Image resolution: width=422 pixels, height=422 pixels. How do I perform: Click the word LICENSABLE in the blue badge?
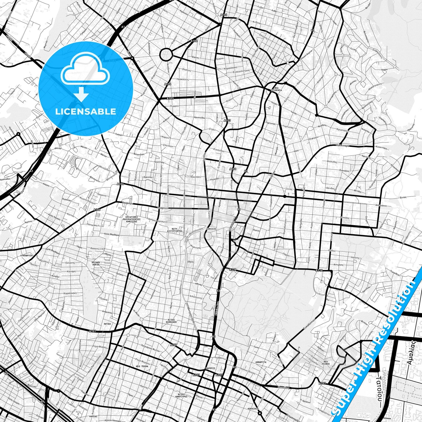86,112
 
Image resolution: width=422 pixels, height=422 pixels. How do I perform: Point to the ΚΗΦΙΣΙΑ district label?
211,229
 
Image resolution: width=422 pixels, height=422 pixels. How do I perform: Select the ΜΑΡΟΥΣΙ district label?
210,368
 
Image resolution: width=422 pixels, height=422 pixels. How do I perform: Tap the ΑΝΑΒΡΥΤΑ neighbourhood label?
261,362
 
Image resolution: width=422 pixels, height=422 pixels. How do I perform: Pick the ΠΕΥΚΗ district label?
107,324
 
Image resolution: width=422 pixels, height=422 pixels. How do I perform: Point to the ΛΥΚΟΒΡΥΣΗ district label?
27,255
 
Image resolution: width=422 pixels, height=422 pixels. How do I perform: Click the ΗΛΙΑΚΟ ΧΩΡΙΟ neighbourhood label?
96,264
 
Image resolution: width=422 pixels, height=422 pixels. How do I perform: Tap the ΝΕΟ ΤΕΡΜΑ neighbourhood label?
142,366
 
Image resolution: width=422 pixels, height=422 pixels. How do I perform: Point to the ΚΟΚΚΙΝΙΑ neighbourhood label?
253,409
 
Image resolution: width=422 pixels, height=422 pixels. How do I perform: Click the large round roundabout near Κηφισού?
166,54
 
